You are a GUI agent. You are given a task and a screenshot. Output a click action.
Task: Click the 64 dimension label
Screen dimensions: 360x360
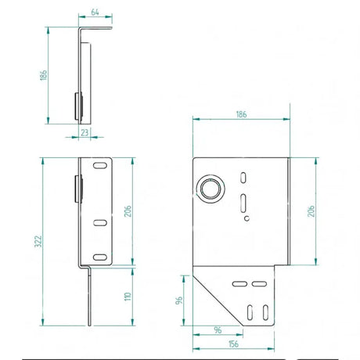(95, 12)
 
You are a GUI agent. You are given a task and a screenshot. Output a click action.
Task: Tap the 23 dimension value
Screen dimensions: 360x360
(85, 132)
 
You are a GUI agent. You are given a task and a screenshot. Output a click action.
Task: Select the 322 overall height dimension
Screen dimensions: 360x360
(38, 241)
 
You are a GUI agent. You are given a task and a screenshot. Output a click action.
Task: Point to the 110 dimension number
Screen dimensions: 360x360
(128, 297)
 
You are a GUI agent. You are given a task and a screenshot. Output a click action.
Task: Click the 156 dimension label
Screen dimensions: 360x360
(233, 344)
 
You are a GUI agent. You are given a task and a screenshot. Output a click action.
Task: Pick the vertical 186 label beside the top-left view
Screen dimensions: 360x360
(44, 75)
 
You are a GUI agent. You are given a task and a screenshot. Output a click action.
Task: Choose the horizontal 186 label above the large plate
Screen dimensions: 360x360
(241, 114)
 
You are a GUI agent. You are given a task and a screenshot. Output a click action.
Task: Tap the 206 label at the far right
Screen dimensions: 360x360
(311, 211)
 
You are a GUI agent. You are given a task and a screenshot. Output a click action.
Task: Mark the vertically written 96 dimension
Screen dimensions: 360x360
(179, 301)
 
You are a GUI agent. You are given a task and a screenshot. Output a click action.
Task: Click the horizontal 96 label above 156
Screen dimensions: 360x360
(218, 330)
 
